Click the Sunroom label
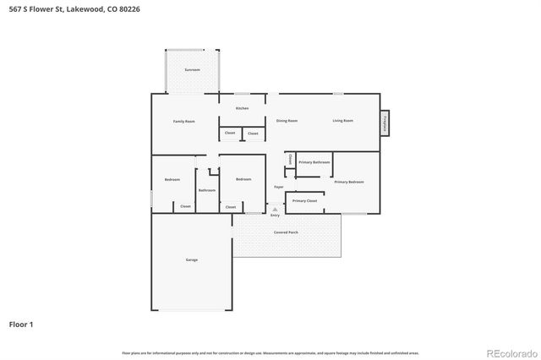pos(192,69)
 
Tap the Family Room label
pos(184,122)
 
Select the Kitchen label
pos(242,108)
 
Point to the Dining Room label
pos(287,121)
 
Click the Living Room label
pos(342,121)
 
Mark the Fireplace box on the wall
pos(385,123)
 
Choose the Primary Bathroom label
pos(314,161)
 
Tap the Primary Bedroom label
pos(349,182)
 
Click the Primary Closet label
pos(304,201)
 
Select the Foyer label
pos(278,187)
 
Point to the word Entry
pos(275,215)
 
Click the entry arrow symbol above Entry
pos(275,209)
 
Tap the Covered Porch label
pos(286,232)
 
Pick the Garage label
pos(192,259)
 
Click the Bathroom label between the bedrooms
pos(207,190)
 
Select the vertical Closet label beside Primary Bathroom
pos(290,159)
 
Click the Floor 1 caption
pos(21,324)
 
